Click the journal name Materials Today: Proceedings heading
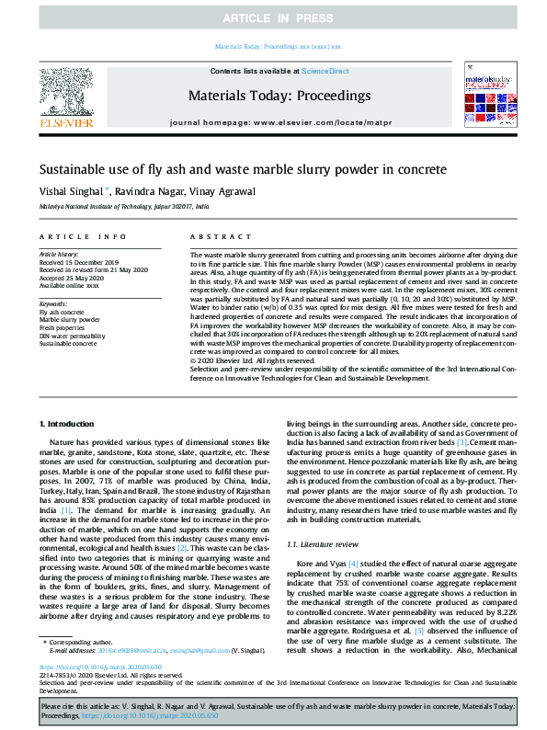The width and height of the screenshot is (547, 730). coord(279,96)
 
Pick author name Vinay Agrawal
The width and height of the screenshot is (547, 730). coord(222,192)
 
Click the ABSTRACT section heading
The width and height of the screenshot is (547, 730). coord(213,236)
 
